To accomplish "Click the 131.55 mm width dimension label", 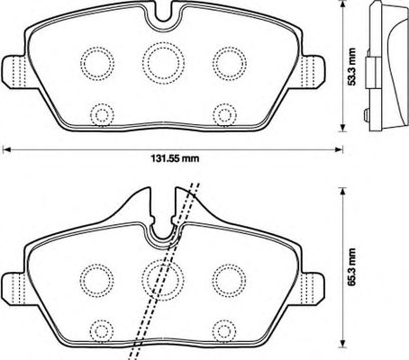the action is coord(175,158).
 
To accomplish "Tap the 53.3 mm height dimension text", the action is coord(351,67).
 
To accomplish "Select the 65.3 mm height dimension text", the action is coord(351,266).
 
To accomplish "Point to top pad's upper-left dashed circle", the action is coord(80,64).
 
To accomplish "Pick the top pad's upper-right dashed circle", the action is coord(213,64).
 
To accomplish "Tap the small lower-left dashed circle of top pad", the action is coord(91,115).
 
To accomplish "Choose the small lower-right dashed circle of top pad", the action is coord(214,115).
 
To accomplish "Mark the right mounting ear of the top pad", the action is coord(314,72).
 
